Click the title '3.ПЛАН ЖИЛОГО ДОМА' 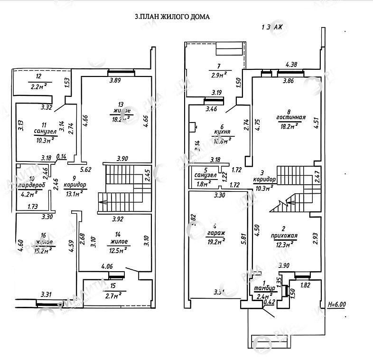[x=172, y=17]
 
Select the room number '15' [x=112, y=286]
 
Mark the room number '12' [x=39, y=77]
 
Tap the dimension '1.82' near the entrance [x=307, y=285]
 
